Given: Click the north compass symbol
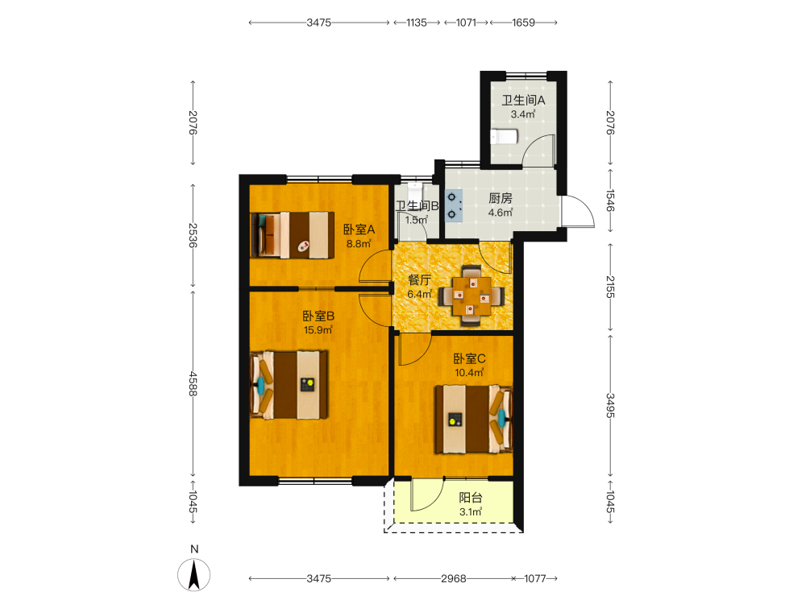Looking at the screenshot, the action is point(193,575).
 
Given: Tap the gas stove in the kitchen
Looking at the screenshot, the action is point(453,205).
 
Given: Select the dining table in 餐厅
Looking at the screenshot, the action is point(471,296).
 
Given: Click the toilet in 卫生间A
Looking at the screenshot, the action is point(503,137).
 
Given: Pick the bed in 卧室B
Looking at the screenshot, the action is point(289,385).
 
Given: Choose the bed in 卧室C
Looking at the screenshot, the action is point(474,419).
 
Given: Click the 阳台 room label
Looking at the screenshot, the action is point(471,497).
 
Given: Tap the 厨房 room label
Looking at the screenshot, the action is point(501,198).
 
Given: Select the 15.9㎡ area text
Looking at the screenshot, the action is point(318,330).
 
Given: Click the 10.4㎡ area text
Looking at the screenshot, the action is point(469,373).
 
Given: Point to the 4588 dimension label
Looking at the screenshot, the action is point(193,383).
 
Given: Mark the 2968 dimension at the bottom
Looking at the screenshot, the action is point(453,579).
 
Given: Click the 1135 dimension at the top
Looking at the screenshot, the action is point(417,23).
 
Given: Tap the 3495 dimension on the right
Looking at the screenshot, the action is point(610,405).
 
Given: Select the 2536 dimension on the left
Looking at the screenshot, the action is point(193,235).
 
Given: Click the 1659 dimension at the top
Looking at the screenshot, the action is point(523,23).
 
